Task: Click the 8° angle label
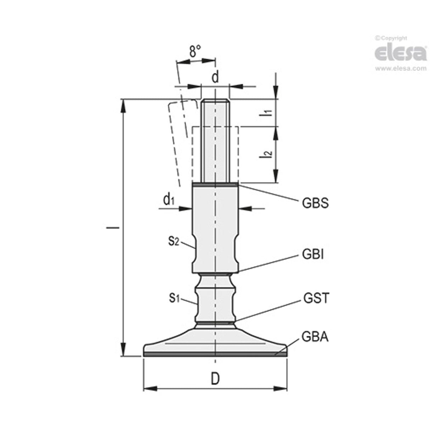[x=194, y=52]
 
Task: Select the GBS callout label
[x=315, y=203]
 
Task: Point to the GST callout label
[x=316, y=298]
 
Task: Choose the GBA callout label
[x=315, y=337]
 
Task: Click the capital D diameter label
[x=215, y=379]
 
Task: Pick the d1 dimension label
[x=169, y=200]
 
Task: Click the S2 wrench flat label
[x=174, y=241]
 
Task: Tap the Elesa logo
[x=400, y=53]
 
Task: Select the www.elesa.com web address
[x=401, y=69]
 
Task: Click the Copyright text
[x=391, y=38]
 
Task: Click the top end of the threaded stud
[x=215, y=101]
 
